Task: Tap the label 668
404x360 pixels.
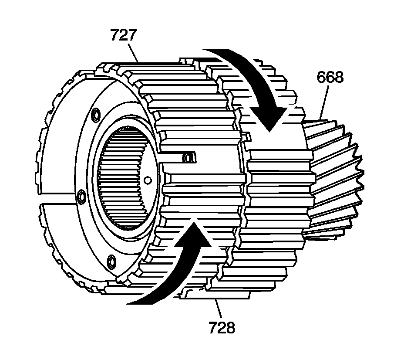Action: [x=330, y=78]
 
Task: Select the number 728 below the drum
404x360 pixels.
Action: [x=221, y=327]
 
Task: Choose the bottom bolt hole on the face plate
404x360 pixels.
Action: [x=111, y=261]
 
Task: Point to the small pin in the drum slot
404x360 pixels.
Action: [x=189, y=157]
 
